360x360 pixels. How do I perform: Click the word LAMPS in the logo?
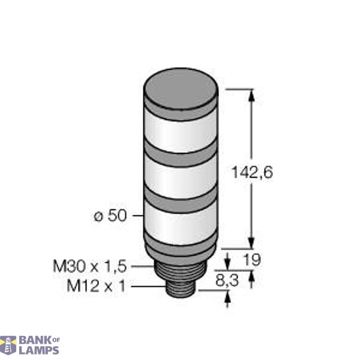pos(38,350)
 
